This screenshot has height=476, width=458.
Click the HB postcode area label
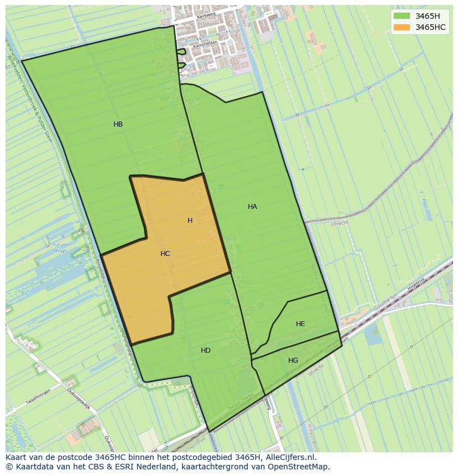click(118, 124)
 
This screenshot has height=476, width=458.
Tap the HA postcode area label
click(252, 207)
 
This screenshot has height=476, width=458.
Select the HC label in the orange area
click(165, 254)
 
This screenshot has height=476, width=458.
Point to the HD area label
click(205, 351)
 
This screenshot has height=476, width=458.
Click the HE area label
click(300, 324)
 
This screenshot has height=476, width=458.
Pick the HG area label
click(293, 360)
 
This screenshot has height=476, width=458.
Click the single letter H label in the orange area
click(190, 221)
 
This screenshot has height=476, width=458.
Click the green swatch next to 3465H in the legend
click(402, 16)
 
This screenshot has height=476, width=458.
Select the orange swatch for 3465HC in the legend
click(402, 27)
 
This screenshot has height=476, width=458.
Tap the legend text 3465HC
click(430, 27)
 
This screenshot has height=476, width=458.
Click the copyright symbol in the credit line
click(9, 467)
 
